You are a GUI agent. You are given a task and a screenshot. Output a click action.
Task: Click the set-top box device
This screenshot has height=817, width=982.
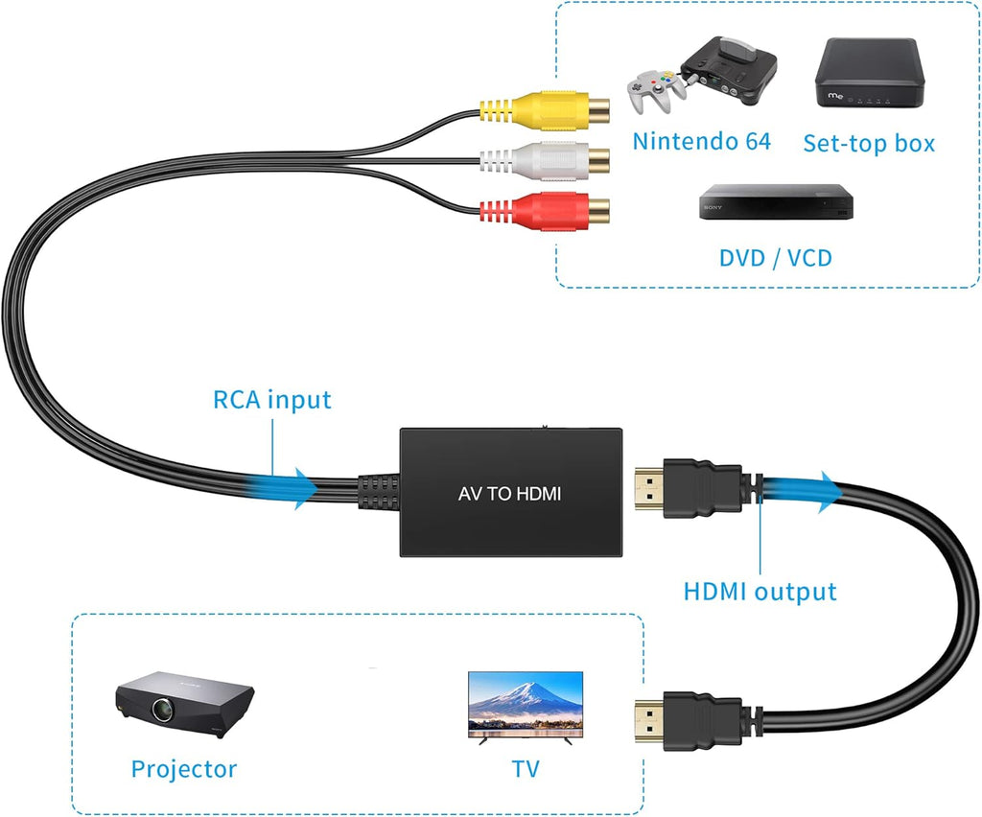pyautogui.click(x=867, y=73)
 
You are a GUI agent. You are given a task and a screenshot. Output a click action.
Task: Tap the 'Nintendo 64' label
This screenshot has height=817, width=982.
pyautogui.click(x=701, y=142)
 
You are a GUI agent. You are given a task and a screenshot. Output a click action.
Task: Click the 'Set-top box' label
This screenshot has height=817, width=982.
pyautogui.click(x=868, y=144)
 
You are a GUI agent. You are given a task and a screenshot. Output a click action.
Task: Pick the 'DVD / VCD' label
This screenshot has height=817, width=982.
pyautogui.click(x=775, y=258)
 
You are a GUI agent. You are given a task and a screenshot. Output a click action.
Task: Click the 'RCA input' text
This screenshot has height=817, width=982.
pyautogui.click(x=271, y=399)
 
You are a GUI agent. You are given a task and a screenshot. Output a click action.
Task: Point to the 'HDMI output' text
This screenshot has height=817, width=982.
pyautogui.click(x=760, y=592)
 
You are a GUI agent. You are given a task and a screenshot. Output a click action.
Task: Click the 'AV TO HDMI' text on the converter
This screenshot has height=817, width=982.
pyautogui.click(x=509, y=495)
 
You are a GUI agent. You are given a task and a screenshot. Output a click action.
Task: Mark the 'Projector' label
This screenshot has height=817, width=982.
pyautogui.click(x=183, y=768)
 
